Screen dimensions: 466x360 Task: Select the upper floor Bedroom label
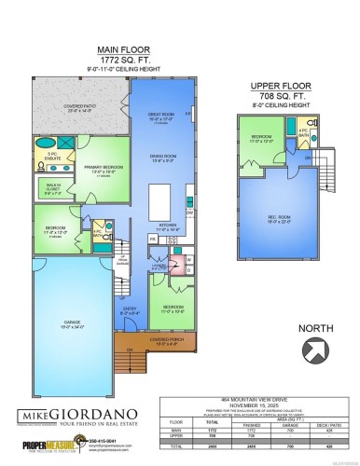coord(262,141)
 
